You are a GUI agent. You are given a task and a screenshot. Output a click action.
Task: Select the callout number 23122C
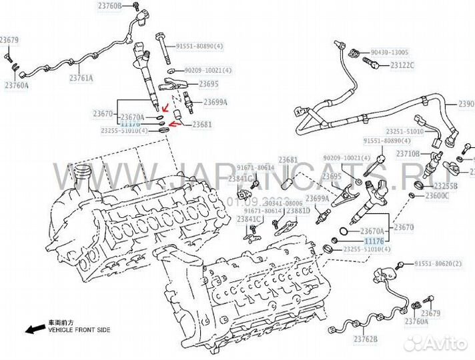[402, 65]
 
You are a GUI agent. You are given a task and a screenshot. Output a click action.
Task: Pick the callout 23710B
[408, 154]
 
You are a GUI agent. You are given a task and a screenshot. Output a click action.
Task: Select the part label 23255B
[445, 185]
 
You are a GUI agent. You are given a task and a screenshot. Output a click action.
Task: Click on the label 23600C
[437, 196]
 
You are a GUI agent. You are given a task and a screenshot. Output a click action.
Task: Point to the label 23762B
[365, 340]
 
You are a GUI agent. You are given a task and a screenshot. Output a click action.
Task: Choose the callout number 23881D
[298, 211]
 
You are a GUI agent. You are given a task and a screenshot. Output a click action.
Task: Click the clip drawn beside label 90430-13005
[356, 51]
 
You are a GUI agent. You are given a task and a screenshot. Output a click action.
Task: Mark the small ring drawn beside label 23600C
[413, 195]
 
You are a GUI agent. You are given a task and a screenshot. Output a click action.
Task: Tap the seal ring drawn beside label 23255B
[419, 183]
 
